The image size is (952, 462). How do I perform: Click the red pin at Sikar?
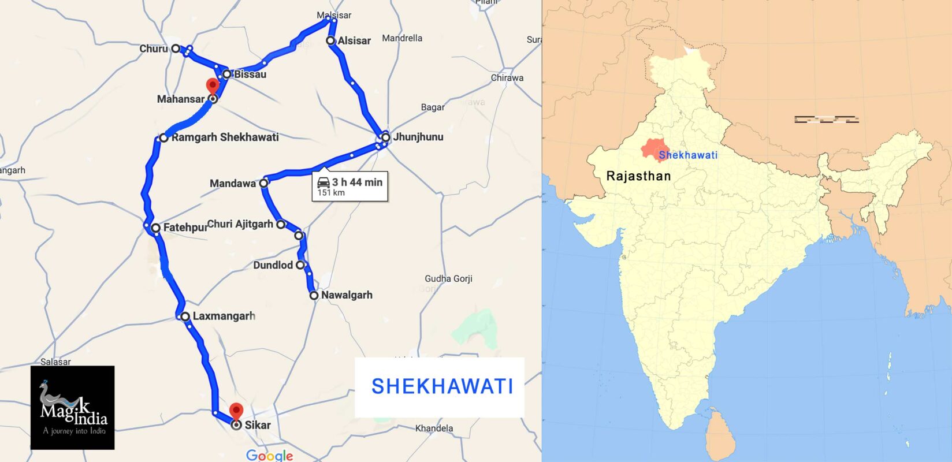pos(236,411)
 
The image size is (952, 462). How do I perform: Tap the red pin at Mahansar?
pos(213,86)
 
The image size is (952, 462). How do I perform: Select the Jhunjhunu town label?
pos(418,137)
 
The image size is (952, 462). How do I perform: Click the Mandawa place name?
pos(232,184)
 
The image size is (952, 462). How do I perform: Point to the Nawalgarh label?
pos(347,295)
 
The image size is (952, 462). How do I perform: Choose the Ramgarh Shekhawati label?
pos(225,137)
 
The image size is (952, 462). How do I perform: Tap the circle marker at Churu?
pos(176,49)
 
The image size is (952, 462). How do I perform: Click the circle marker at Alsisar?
pos(330,40)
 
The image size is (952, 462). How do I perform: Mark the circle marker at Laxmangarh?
pos(185,316)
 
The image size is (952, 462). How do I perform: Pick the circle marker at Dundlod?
pos(300,265)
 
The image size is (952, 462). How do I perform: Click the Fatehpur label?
pos(185,228)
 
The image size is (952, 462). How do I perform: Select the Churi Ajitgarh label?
pos(240,224)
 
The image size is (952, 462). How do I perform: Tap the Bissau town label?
pos(250,74)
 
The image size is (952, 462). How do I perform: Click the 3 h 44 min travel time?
pos(357,182)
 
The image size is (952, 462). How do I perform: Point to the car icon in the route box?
pos(323,182)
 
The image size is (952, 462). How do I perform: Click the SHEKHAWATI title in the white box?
pos(442,386)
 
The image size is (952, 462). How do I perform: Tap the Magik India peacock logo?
pos(73,407)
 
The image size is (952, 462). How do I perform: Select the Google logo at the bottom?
pos(269,456)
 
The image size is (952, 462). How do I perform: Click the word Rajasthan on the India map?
pos(638,176)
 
